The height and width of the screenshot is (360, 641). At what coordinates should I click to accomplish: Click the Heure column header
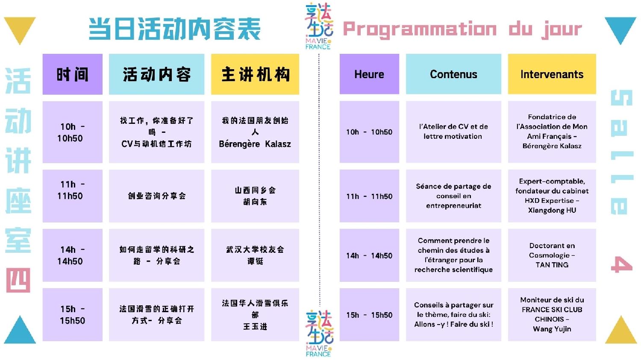coord(369,74)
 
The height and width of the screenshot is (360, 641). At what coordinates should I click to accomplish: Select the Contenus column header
coord(453,74)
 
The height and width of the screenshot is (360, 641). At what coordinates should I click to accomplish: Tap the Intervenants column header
coord(552,74)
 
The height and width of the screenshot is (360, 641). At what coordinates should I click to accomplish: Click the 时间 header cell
coord(72,74)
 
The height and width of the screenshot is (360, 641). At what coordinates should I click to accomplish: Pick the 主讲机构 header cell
coord(255,74)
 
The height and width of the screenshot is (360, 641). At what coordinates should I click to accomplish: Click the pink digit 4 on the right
coord(621,264)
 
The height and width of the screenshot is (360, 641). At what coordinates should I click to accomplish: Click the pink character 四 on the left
coord(18,280)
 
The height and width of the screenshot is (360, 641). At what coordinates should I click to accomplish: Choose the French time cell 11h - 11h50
coord(369,196)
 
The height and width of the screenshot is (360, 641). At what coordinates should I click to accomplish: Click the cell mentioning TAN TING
coord(552,255)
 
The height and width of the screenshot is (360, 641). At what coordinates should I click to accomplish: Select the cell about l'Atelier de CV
coord(453,132)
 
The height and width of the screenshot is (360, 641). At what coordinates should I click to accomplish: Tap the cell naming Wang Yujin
coord(552,315)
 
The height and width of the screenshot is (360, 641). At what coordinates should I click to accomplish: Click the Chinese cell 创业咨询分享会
coord(156,196)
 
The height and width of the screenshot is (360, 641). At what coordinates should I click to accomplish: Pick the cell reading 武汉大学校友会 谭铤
coord(255,255)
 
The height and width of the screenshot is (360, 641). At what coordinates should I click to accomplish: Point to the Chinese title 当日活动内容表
coord(174,29)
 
